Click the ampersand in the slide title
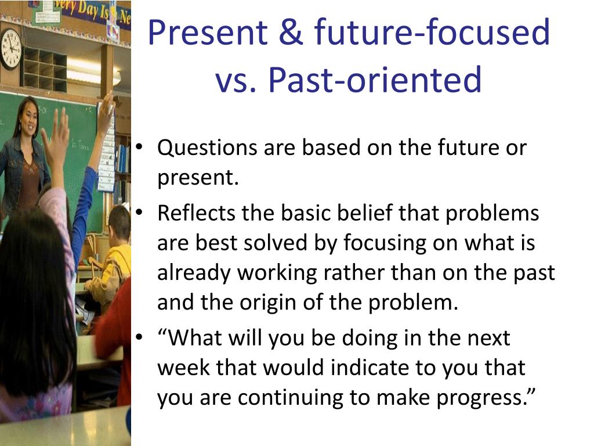pos(291,33)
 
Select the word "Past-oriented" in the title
pos(375,79)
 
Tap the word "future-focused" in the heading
pos(432,32)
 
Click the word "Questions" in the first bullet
pos(207,148)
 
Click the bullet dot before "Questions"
pos(139,147)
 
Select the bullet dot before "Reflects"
pos(139,213)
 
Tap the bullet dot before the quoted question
pos(139,337)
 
